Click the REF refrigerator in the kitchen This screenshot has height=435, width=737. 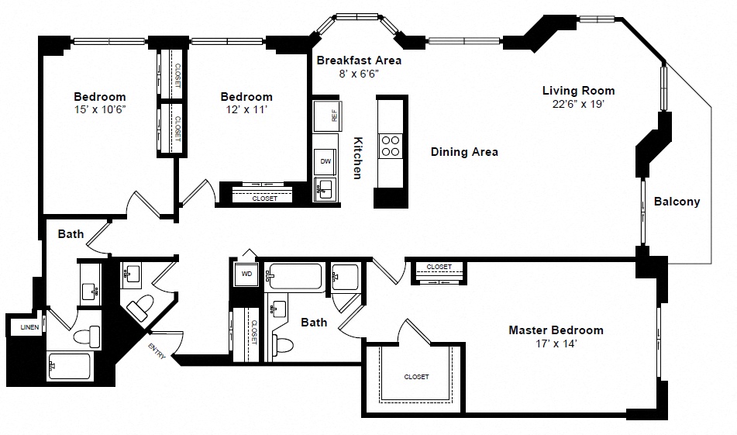(328, 116)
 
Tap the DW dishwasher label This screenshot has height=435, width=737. (325, 161)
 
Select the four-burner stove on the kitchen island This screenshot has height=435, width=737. (390, 146)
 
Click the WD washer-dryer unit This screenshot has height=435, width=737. (246, 274)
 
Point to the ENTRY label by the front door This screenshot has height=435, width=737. (157, 350)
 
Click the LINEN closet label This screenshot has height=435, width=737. (29, 327)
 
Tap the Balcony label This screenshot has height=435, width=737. (677, 202)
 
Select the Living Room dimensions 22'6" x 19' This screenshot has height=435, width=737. (578, 104)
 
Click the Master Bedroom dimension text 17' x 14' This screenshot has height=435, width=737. (556, 344)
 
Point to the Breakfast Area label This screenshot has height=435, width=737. (359, 60)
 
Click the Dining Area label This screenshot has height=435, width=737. (464, 152)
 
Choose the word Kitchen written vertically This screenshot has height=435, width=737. (358, 158)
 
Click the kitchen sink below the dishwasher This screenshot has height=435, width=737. (325, 189)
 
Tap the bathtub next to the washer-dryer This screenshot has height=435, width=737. (294, 277)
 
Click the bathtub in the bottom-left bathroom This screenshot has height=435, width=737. (69, 366)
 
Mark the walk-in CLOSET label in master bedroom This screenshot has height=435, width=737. (416, 377)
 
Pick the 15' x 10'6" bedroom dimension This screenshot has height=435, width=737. (100, 109)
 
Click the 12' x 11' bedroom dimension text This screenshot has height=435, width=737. (246, 109)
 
